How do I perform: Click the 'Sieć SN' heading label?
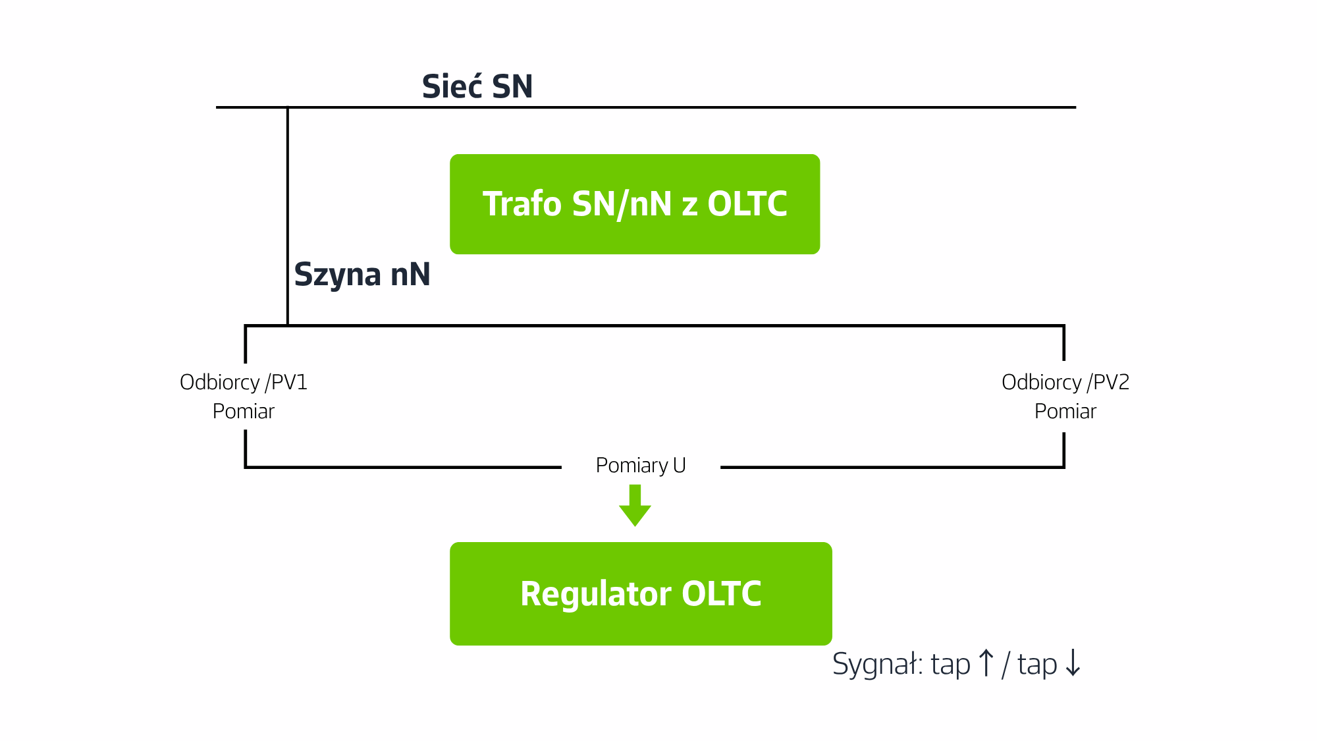(477, 86)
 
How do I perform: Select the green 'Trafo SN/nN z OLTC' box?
(635, 204)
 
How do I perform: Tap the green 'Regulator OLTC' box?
(641, 593)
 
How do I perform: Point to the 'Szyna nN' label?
(362, 275)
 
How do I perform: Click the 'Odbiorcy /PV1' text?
(244, 382)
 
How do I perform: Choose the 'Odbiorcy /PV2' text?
(1065, 382)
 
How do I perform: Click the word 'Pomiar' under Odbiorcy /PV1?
(244, 412)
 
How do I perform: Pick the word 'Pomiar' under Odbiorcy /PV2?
(1065, 412)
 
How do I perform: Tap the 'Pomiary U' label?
(641, 466)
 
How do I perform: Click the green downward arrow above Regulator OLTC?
(635, 506)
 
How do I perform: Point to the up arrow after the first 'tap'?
(986, 663)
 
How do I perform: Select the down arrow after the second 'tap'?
(1073, 663)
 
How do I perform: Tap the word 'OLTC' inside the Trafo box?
(747, 204)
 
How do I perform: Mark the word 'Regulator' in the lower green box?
(597, 594)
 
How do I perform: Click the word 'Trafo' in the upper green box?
(522, 204)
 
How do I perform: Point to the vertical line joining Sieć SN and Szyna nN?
(288, 216)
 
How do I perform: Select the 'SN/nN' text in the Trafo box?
(622, 205)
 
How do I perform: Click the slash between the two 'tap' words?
(1006, 664)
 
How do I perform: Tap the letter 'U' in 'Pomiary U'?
(680, 466)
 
